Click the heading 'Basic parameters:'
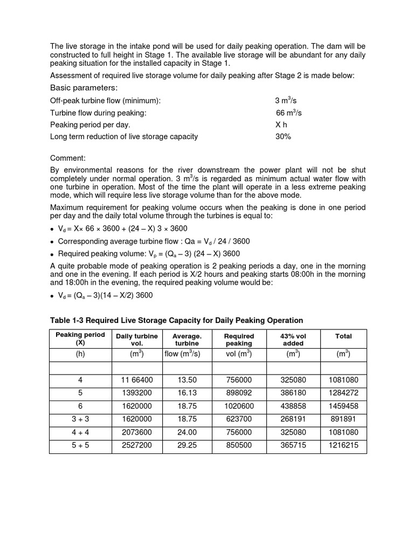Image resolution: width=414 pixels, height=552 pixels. [84, 88]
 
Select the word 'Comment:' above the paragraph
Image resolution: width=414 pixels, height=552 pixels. [68, 158]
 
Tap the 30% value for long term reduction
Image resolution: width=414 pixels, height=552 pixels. [283, 136]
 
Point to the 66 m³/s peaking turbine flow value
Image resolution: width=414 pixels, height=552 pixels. [289, 113]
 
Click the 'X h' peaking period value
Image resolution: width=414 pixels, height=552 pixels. [281, 125]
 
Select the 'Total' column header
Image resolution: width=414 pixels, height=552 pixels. [343, 336]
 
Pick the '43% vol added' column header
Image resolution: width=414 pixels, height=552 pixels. [293, 340]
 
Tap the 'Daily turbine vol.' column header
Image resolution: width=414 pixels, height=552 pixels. [137, 340]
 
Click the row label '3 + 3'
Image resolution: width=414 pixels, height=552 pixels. [80, 419]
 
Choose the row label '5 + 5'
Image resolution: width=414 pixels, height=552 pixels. [80, 445]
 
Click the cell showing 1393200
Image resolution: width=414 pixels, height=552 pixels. [137, 393]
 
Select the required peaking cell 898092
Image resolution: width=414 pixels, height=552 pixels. [239, 393]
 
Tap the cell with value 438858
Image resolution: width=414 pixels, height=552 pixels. [293, 406]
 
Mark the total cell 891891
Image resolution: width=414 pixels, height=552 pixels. [343, 419]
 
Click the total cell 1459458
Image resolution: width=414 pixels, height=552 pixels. [343, 406]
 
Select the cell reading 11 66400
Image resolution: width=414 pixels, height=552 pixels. [137, 380]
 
